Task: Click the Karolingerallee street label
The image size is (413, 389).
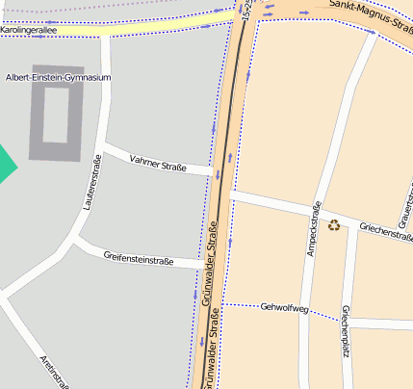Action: tap(28, 31)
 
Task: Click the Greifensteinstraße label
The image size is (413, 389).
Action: tap(139, 257)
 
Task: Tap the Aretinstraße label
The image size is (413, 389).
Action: tap(54, 372)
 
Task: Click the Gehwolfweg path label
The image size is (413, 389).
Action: tap(284, 308)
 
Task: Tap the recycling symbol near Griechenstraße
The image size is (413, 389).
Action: tap(334, 225)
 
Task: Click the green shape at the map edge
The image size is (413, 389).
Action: tap(6, 163)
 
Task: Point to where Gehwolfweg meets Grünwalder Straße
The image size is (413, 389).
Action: tap(222, 304)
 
